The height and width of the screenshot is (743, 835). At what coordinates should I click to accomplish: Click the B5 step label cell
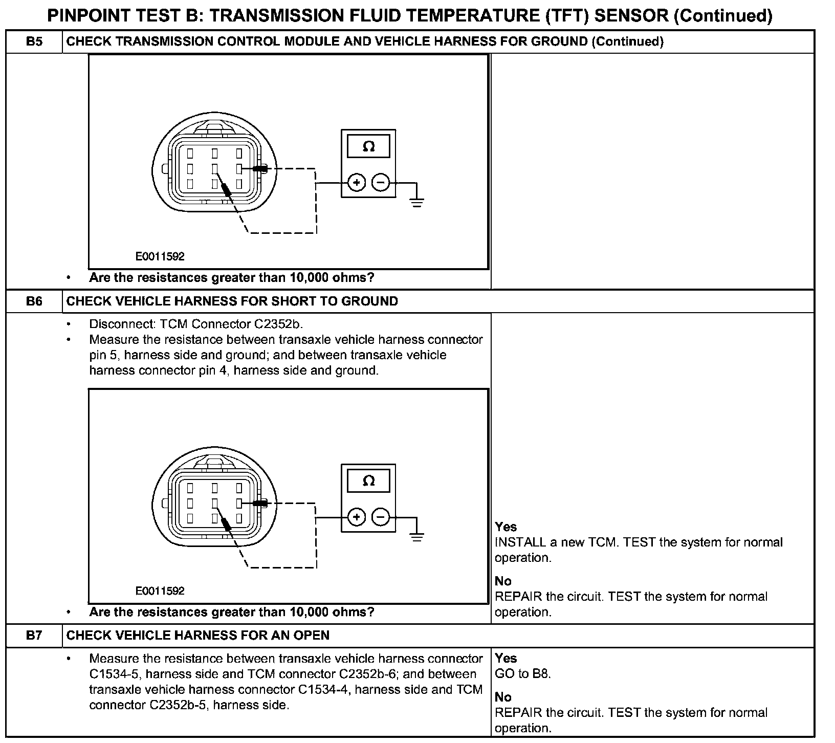pyautogui.click(x=34, y=41)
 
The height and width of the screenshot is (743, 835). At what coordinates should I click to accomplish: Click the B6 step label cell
pyautogui.click(x=34, y=301)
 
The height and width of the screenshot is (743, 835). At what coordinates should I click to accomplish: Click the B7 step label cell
pyautogui.click(x=34, y=636)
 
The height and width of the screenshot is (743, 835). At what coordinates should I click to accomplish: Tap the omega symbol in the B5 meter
pyautogui.click(x=368, y=147)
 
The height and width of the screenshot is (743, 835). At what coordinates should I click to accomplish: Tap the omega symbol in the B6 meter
pyautogui.click(x=368, y=481)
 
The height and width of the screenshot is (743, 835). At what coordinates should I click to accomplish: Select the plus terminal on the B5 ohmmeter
pyautogui.click(x=357, y=183)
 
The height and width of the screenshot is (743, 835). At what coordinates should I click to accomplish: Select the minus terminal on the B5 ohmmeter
pyautogui.click(x=380, y=183)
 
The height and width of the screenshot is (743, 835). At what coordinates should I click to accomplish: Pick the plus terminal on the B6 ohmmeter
pyautogui.click(x=357, y=517)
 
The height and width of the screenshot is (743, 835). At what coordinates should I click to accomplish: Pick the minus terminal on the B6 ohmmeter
pyautogui.click(x=380, y=517)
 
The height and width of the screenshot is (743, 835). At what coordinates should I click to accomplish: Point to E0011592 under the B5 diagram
pyautogui.click(x=160, y=256)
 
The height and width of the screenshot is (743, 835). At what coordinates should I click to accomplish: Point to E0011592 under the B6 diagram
pyautogui.click(x=160, y=591)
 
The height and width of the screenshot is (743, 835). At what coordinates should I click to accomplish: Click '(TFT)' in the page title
pyautogui.click(x=567, y=16)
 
